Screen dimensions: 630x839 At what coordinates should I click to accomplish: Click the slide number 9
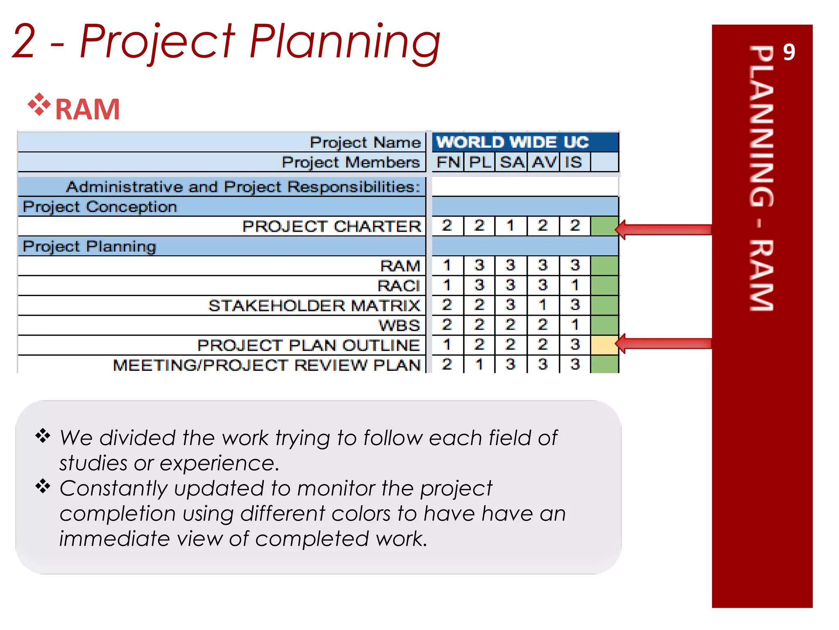pyautogui.click(x=788, y=52)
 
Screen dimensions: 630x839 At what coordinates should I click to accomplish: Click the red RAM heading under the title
pyautogui.click(x=87, y=110)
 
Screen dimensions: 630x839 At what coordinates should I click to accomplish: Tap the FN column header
pyautogui.click(x=447, y=162)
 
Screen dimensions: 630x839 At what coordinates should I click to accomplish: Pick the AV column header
pyautogui.click(x=544, y=162)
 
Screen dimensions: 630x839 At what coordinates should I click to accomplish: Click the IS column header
pyautogui.click(x=574, y=162)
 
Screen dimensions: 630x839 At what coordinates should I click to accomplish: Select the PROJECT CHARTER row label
pyautogui.click(x=331, y=226)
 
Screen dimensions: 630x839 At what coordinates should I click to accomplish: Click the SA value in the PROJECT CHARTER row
pyautogui.click(x=510, y=226)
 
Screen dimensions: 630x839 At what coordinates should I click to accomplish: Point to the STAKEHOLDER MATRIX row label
pyautogui.click(x=314, y=306)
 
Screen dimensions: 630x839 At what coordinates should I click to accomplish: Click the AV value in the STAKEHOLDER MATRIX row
pyautogui.click(x=543, y=305)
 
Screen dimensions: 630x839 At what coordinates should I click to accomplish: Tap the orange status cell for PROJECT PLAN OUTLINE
pyautogui.click(x=604, y=345)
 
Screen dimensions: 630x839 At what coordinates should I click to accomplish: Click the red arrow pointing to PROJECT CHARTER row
pyautogui.click(x=664, y=230)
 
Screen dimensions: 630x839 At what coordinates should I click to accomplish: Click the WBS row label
pyautogui.click(x=399, y=325)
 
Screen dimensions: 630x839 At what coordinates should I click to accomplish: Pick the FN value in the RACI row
pyautogui.click(x=447, y=285)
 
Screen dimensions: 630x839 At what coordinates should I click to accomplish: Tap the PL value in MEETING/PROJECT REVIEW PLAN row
pyautogui.click(x=479, y=364)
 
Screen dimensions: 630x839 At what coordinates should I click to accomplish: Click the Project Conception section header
pyautogui.click(x=100, y=207)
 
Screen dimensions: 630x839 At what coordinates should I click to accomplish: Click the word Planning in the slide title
pyautogui.click(x=344, y=41)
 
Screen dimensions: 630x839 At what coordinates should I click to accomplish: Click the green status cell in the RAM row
pyautogui.click(x=604, y=265)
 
